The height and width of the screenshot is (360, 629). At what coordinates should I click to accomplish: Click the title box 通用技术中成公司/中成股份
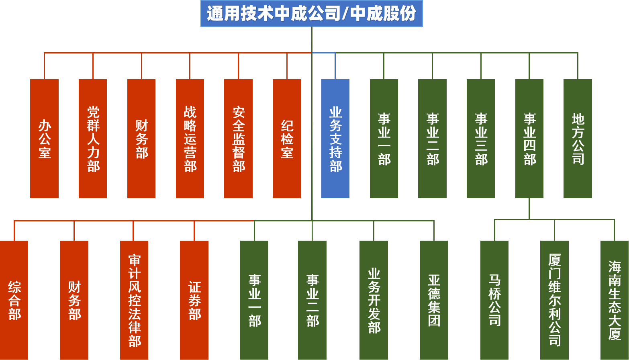pos(311,13)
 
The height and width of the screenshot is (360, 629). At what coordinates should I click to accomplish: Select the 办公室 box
pos(44,138)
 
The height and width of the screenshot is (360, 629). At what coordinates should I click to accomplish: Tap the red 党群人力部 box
pos(93,138)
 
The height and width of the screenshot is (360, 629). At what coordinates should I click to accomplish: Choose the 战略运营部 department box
pos(190,138)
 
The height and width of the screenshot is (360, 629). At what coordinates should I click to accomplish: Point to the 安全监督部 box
pos(238,138)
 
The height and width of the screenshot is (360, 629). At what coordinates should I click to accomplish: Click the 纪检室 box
pos(287,138)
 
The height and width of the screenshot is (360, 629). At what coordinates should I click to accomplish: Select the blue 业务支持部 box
pos(335,138)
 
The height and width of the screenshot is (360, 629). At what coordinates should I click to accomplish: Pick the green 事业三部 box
pos(481,138)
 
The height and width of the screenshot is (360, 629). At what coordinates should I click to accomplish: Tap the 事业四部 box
pos(529,138)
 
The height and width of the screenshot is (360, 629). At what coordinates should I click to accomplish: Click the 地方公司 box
pos(578,138)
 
